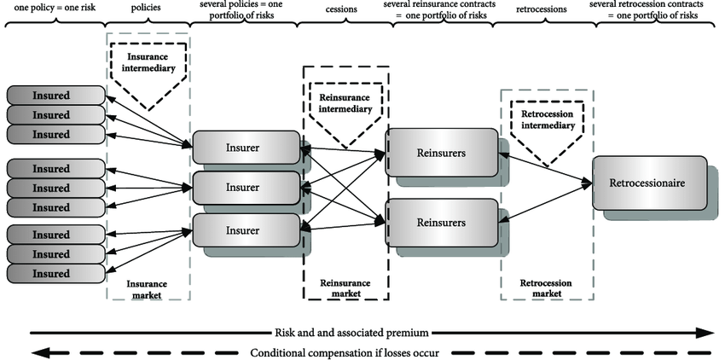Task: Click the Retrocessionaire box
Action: point(649,183)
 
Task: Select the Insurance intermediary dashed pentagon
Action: point(147,72)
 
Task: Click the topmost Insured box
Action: point(55,95)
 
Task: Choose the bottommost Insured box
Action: point(55,273)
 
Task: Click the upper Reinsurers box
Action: point(440,152)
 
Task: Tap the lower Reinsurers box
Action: point(440,223)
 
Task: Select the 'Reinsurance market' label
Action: point(345,287)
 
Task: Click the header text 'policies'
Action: point(146,7)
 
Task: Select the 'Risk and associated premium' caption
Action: point(351,333)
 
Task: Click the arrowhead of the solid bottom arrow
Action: point(707,333)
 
